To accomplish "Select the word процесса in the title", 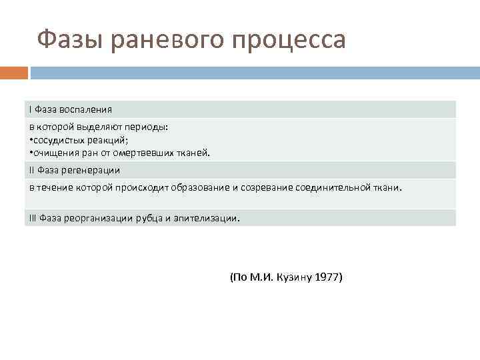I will (289, 41).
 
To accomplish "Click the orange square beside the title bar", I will (14, 72).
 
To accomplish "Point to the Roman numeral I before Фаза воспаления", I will (31, 109).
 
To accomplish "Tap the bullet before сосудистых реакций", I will (31, 139).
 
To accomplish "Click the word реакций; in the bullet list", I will (114, 139).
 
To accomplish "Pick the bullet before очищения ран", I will (31, 152).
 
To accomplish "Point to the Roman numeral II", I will (32, 170).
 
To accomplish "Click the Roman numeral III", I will (33, 218).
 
